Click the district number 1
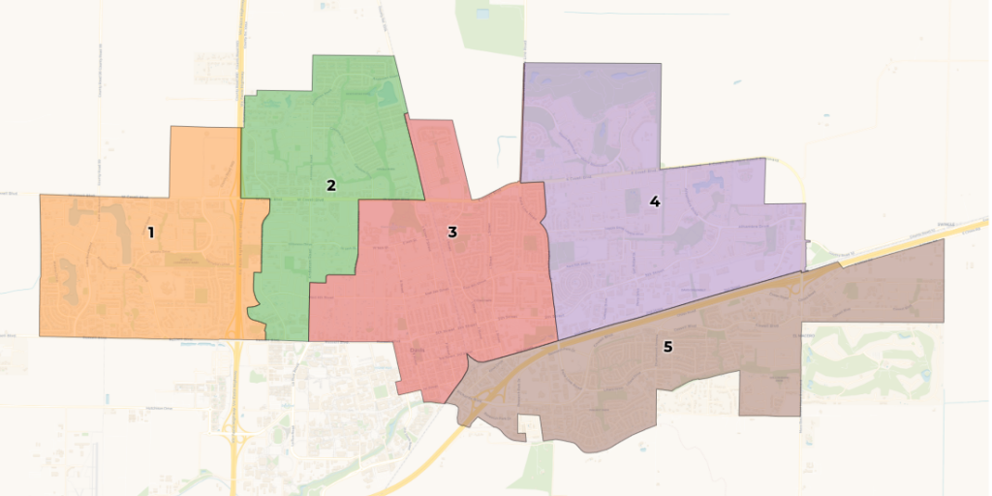[150, 232]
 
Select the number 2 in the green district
[331, 185]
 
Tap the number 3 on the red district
[452, 232]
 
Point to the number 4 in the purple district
[655, 201]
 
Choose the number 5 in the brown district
[667, 346]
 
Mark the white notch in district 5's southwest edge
[529, 423]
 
